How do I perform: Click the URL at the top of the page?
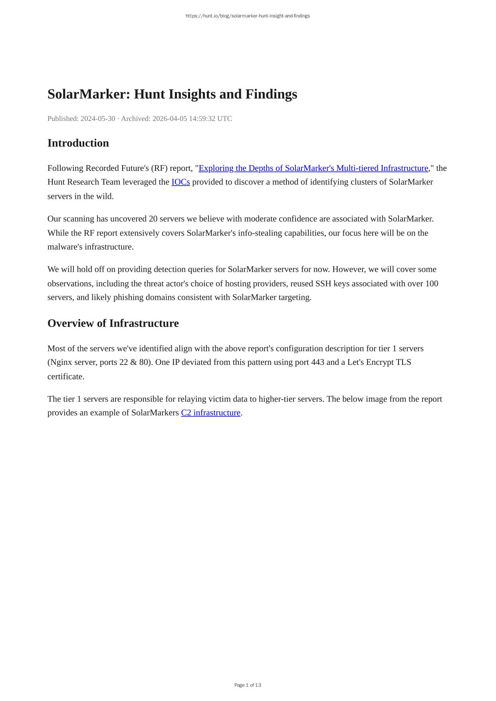point(248,16)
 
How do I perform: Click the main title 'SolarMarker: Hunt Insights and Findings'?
point(172,94)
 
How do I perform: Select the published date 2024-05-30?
point(98,119)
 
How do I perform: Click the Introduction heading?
point(78,143)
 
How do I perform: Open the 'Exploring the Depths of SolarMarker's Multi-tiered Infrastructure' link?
point(313,168)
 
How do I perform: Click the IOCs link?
point(181,182)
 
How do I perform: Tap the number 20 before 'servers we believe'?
point(153,219)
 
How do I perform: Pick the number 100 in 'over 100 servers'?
point(432,283)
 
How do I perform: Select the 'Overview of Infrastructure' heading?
point(113,323)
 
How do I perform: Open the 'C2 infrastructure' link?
point(210,413)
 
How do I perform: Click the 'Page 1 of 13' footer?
point(248,685)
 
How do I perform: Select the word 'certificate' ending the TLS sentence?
point(65,376)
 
